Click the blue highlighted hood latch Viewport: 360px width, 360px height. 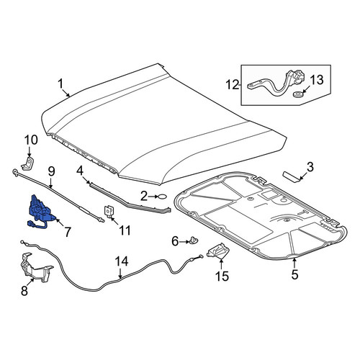[40, 210]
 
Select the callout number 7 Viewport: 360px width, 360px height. [68, 232]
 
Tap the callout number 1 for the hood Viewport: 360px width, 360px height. [60, 84]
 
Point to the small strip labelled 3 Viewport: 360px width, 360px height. [291, 176]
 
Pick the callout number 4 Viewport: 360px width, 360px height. [80, 171]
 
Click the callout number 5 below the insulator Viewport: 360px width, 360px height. [294, 274]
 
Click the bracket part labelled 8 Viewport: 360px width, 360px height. [36, 268]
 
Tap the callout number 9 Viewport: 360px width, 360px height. [52, 171]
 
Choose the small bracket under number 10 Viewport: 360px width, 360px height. [27, 163]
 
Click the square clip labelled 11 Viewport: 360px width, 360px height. [109, 211]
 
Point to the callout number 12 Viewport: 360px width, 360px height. [233, 85]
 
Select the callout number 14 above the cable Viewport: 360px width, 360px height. [122, 261]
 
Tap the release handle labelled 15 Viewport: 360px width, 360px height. [217, 251]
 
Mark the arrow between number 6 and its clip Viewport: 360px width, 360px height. [184, 242]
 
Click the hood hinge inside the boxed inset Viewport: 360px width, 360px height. [276, 82]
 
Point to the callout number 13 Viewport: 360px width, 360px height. [317, 80]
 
